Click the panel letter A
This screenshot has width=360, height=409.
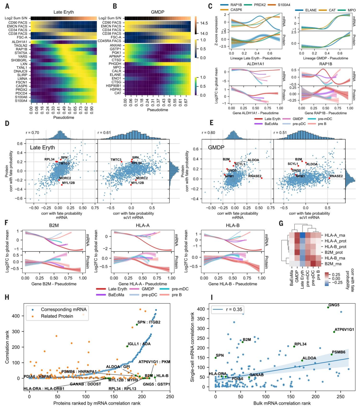(x=7, y=6)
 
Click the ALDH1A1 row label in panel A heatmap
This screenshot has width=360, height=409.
(x=19, y=42)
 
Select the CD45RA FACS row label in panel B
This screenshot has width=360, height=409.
(x=109, y=41)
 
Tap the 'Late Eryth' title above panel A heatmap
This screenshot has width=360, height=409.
(x=63, y=12)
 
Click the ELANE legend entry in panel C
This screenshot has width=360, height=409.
(x=311, y=10)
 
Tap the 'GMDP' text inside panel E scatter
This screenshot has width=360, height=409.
(x=216, y=147)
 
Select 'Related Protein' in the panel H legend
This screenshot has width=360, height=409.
(x=57, y=316)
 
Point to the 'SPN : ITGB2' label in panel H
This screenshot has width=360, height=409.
(x=149, y=322)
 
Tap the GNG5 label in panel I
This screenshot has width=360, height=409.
(x=334, y=305)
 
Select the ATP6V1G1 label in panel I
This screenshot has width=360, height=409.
(x=344, y=330)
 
